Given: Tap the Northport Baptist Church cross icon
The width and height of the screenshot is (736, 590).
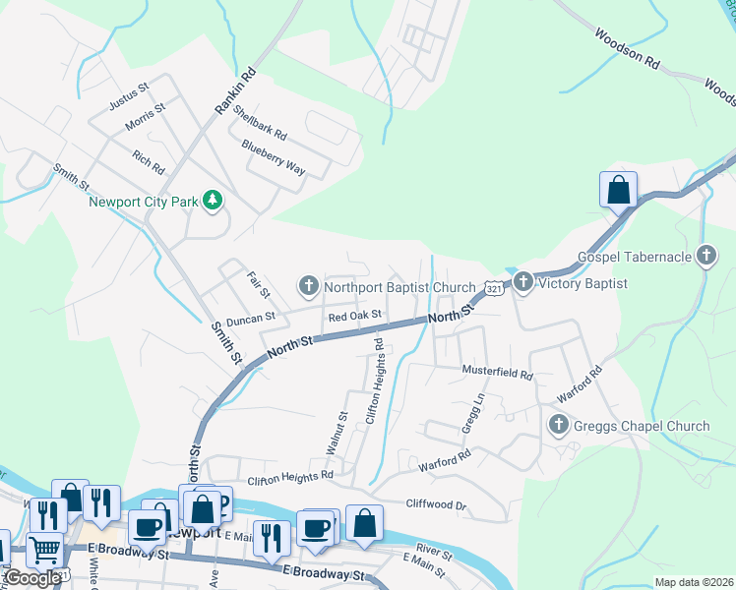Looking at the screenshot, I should pos(308,286).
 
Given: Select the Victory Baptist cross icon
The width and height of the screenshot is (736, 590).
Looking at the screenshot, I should pos(522,283).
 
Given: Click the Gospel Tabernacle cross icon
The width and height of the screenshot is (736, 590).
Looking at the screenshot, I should pos(705,257).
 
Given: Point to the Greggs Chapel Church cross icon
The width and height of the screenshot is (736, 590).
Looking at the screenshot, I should pos(558,426).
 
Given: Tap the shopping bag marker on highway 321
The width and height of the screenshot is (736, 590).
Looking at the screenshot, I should pos(618,189).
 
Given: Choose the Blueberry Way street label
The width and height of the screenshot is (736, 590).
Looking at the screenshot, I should pos(274,157).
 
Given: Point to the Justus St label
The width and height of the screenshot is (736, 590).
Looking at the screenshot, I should pos(129,94).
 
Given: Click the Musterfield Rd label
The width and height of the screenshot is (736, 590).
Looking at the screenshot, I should pos(498,375).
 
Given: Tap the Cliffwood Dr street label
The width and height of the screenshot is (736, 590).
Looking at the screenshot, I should pos(436,504).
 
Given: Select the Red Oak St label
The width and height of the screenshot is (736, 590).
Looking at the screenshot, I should pos(354,318).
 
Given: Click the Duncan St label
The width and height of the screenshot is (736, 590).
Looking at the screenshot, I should pos(250,320).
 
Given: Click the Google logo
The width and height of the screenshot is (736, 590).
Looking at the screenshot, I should pos(31,578).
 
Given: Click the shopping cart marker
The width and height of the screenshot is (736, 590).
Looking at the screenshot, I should pos(44,550).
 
